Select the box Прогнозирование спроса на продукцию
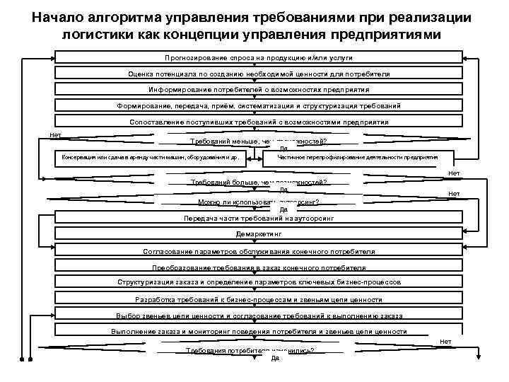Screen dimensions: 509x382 tap(259, 57)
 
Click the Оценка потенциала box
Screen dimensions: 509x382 tap(259, 74)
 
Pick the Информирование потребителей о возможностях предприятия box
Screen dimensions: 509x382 tap(259, 90)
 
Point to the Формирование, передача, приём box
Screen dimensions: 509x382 tap(259, 106)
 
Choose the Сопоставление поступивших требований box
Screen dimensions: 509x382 tap(259, 122)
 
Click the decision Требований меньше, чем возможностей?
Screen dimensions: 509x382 tap(259, 141)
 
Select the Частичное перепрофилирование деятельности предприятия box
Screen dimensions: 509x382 tap(358, 158)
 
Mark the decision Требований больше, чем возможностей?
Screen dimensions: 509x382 tap(259, 183)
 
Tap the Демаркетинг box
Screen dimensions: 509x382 tap(259, 234)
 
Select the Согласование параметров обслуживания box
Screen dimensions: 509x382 tap(259, 251)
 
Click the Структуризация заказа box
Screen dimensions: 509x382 tap(259, 283)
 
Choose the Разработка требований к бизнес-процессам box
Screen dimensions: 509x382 tap(259, 299)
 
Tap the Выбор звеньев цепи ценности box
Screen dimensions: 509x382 tap(259, 316)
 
